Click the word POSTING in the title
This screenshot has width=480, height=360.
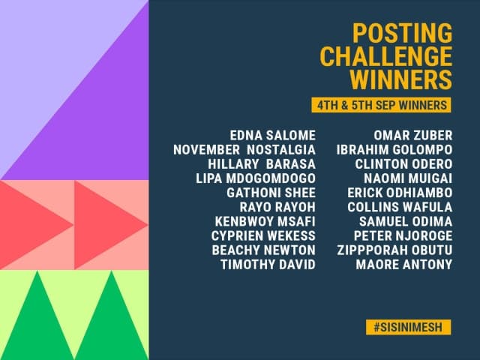coord(403,34)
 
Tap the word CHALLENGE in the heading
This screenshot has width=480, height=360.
coord(386,56)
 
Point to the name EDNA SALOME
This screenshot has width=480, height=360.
coord(273,136)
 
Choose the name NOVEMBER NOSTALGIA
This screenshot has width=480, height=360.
coord(244,150)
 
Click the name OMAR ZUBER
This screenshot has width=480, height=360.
coord(413,136)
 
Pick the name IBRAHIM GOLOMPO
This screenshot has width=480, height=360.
coord(395,150)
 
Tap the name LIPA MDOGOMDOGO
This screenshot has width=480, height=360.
coord(256,178)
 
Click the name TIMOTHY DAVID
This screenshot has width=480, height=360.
coord(268,264)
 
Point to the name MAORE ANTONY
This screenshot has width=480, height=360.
coord(404,264)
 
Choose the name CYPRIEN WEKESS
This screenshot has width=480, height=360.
coord(263,235)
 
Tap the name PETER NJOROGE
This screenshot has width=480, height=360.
coord(407,235)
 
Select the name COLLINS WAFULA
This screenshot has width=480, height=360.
coord(406,207)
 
